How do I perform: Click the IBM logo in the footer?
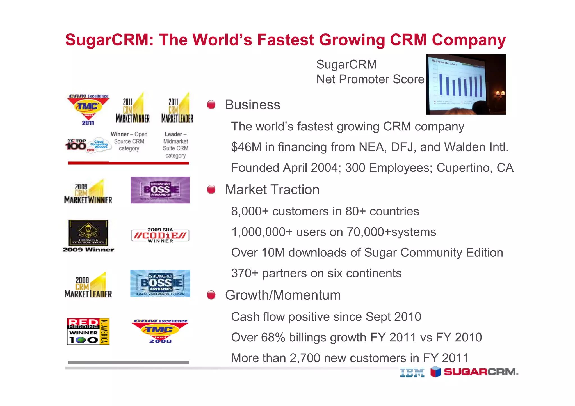(412, 373)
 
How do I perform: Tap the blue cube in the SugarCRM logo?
(435, 372)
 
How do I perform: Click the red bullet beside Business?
(211, 105)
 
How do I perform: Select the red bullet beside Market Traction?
(211, 190)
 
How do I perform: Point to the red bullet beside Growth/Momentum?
(211, 295)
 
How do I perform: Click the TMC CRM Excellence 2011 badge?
(88, 110)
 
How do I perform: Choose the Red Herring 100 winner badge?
(88, 331)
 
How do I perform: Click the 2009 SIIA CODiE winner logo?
(160, 235)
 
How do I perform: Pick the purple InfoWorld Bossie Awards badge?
(160, 190)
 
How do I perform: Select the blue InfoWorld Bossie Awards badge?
(160, 283)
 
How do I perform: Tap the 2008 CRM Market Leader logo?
(88, 285)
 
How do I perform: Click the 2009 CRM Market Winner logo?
(88, 192)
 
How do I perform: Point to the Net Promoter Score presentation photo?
(466, 84)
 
